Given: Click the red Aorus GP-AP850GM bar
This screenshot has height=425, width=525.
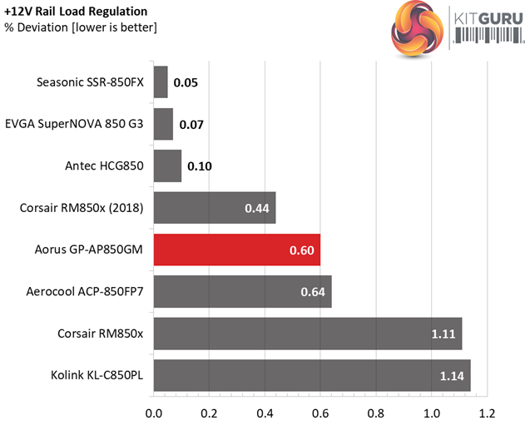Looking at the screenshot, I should tap(237, 250).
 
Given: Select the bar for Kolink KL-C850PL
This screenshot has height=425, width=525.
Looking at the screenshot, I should tap(312, 375).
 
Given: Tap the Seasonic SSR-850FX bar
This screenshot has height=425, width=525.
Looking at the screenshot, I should tap(161, 82).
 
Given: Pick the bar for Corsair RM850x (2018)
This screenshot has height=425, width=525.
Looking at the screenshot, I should tap(215, 207).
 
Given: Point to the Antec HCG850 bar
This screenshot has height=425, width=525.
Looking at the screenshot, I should tap(167, 166).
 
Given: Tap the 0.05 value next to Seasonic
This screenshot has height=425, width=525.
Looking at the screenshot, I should tap(186, 82).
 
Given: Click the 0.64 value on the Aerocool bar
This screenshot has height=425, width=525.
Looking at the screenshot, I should tap(314, 292).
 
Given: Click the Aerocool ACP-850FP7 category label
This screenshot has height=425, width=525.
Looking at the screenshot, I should tap(89, 291).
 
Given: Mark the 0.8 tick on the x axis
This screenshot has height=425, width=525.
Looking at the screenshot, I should tap(376, 412).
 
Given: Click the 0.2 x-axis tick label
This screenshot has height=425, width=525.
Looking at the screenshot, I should tap(209, 412).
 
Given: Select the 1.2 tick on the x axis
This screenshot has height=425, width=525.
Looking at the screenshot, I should tap(487, 412).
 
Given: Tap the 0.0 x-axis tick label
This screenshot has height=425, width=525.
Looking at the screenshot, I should tap(153, 412).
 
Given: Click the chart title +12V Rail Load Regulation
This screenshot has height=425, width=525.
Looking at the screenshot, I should tap(76, 12).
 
